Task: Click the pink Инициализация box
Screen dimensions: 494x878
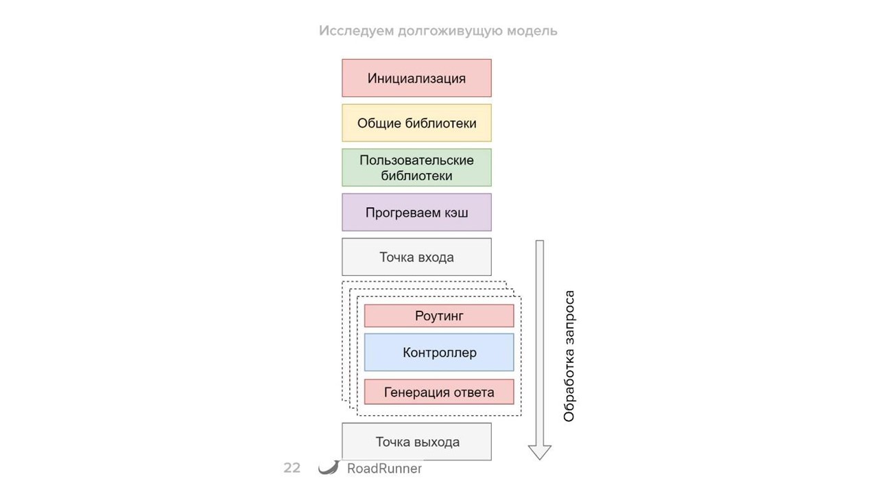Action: pos(416,78)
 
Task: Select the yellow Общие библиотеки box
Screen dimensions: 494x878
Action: pos(416,123)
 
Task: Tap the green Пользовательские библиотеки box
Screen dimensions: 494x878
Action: pos(416,168)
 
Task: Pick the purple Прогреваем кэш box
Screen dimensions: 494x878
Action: pos(416,213)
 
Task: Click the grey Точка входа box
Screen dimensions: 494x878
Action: pos(416,257)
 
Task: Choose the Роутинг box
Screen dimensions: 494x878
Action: pos(439,316)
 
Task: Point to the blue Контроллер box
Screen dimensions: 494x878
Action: pos(439,353)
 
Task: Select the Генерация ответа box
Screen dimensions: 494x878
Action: pos(439,392)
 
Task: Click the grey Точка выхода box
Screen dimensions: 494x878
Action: pos(416,442)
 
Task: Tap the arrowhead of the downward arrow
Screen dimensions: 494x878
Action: pos(540,452)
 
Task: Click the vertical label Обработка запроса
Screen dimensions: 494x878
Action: pos(569,356)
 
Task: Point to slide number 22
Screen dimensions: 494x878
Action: pos(292,469)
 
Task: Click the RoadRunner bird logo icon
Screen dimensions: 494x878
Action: pos(329,468)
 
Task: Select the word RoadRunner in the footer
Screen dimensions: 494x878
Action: pos(384,469)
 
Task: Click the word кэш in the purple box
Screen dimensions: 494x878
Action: pos(455,213)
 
